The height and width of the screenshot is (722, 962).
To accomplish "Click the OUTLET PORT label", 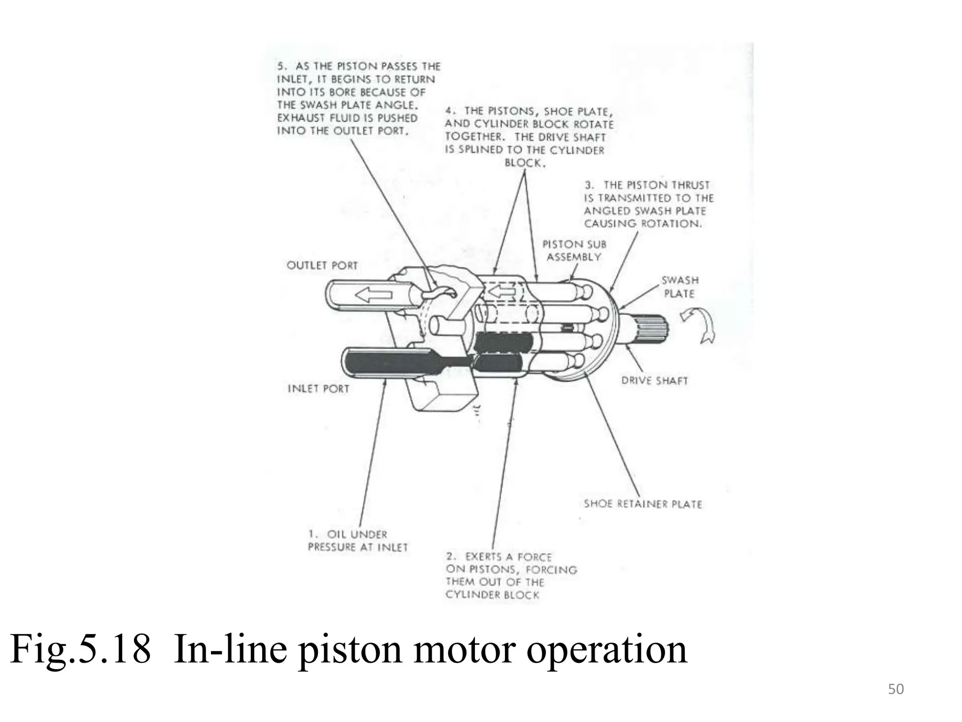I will pyautogui.click(x=322, y=265).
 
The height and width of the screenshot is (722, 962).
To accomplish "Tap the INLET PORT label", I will pyautogui.click(x=318, y=389).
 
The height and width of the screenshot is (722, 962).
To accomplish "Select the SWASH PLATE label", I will pyautogui.click(x=680, y=287).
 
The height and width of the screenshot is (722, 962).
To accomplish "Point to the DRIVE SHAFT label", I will pyautogui.click(x=654, y=381).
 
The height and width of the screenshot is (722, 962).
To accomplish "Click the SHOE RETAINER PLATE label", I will pyautogui.click(x=643, y=504).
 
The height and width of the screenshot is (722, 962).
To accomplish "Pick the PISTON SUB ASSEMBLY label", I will pyautogui.click(x=574, y=251).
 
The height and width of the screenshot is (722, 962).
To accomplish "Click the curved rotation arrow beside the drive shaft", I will pyautogui.click(x=699, y=324).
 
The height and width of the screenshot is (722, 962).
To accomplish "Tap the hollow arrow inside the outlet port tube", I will pyautogui.click(x=374, y=295).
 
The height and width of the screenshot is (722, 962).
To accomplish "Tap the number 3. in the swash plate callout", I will pyautogui.click(x=590, y=185).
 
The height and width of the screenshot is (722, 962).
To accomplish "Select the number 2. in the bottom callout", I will pyautogui.click(x=451, y=557).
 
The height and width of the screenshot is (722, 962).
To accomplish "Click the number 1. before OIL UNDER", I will pyautogui.click(x=313, y=534).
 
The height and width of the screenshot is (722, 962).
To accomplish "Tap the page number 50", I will pyautogui.click(x=896, y=689).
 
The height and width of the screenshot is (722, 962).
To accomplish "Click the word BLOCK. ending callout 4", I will pyautogui.click(x=525, y=163).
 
